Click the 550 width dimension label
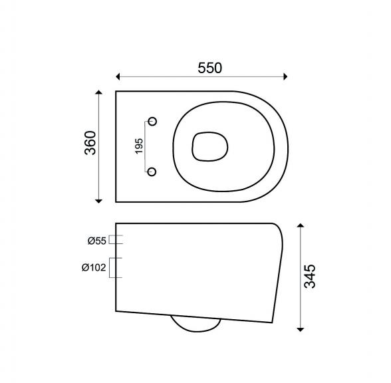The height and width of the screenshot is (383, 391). pos(209,67)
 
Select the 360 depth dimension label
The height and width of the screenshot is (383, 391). pos(90,143)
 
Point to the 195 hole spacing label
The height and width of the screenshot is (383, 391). pos(138,147)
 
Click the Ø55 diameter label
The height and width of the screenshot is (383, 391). pos(96,241)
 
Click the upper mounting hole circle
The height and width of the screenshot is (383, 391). pos(152,122)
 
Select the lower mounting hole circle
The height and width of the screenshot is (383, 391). pos(152,172)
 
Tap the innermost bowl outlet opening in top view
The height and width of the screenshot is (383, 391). pos(209,146)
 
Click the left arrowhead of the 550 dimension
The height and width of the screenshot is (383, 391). pos(119,76)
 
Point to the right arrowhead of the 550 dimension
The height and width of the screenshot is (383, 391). pos(285,76)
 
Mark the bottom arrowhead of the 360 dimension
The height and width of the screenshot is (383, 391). pos(99,198)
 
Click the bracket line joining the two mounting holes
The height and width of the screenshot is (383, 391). pos(145,147)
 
